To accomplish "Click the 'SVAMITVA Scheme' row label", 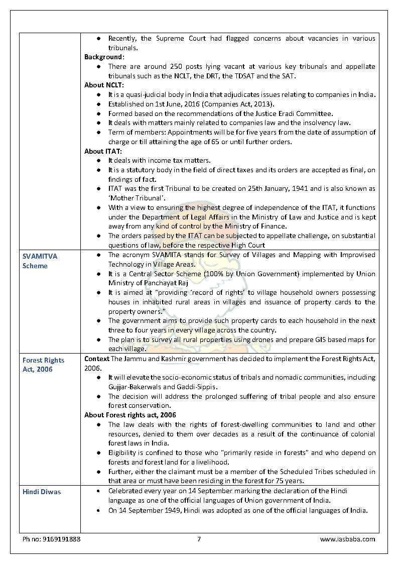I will coord(40,261).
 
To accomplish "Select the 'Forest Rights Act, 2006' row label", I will coord(43,365).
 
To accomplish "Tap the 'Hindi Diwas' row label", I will coord(42,492).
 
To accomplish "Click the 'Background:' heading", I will coord(104,57).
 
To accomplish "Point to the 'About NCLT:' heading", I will coord(104,85).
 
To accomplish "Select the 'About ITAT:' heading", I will coord(103,151).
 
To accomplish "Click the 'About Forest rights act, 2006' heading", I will coord(130,415).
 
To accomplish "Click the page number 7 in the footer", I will coord(199,539).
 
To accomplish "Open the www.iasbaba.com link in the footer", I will coord(347,539).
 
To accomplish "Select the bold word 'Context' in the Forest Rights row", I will coord(97,359).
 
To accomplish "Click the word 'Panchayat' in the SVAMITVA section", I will coord(154,283).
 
